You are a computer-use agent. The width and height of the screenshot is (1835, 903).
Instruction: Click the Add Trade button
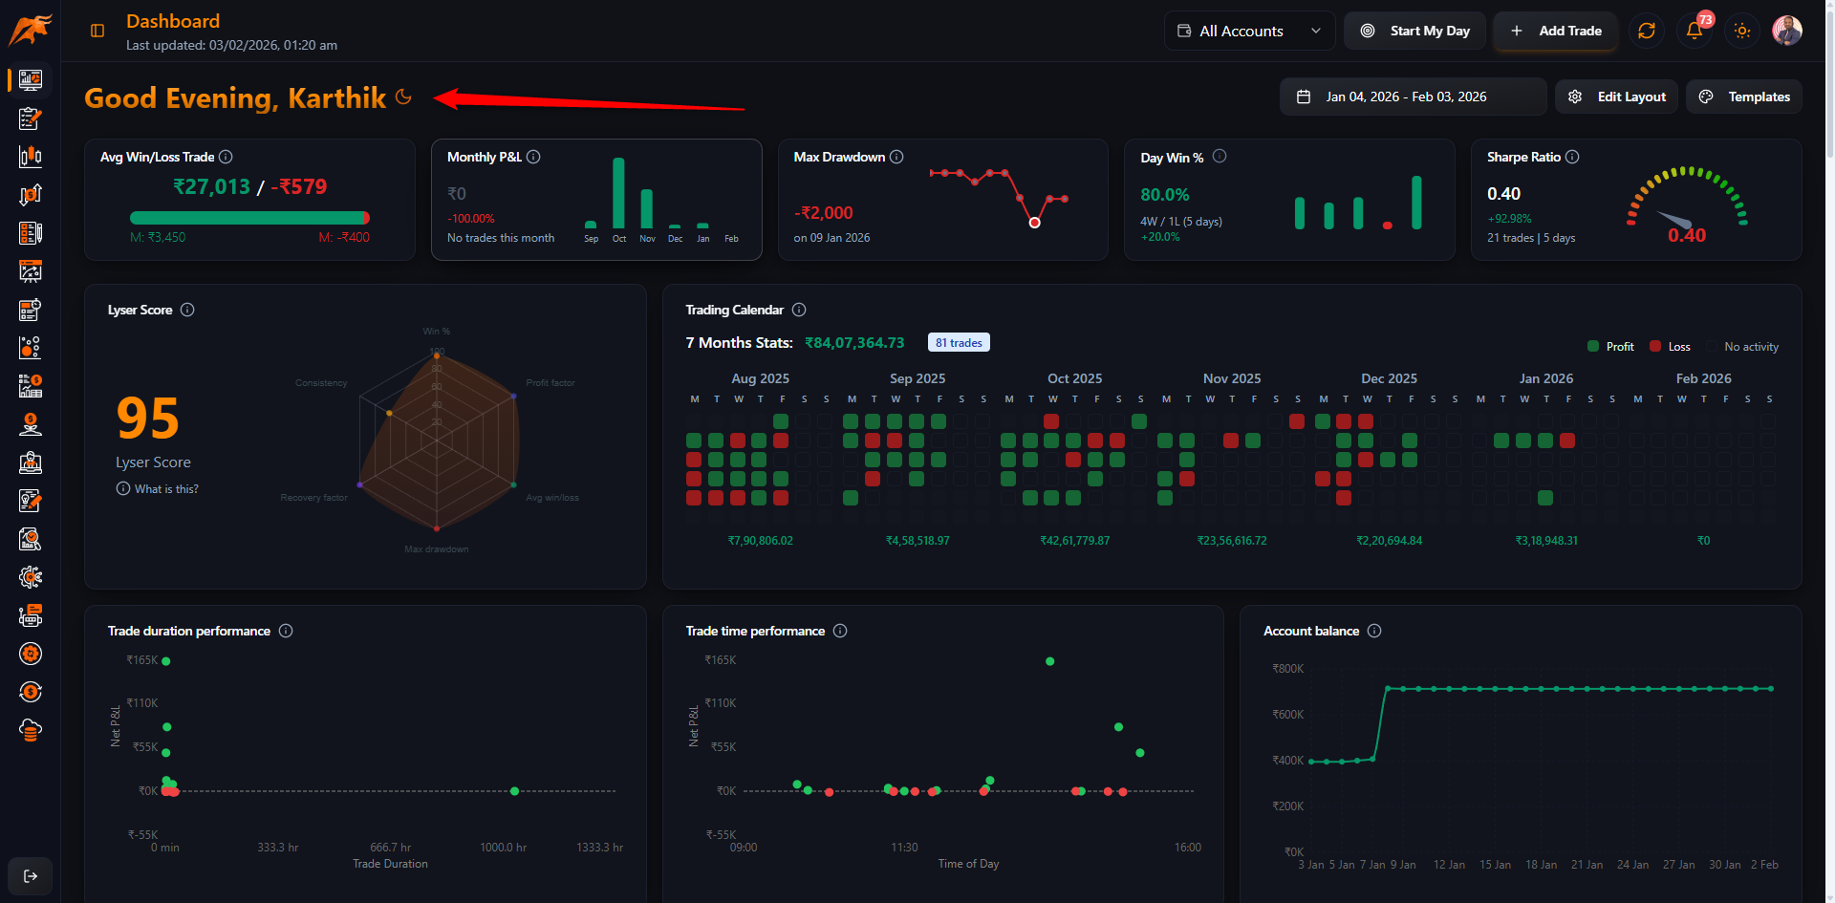pyautogui.click(x=1556, y=31)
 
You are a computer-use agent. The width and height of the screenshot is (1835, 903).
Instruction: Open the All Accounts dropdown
pyautogui.click(x=1249, y=31)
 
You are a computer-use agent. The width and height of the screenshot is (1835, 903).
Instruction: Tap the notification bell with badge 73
pyautogui.click(x=1695, y=31)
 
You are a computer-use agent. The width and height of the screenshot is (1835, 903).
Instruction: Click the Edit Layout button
pyautogui.click(x=1617, y=97)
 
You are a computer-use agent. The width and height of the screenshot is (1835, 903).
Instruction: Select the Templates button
pyautogui.click(x=1745, y=97)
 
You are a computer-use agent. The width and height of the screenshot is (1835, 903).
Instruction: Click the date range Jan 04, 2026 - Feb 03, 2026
pyautogui.click(x=1405, y=97)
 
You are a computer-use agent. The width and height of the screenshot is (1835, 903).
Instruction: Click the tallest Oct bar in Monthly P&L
pyautogui.click(x=618, y=193)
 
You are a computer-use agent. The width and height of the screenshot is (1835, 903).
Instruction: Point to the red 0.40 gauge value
pyautogui.click(x=1686, y=235)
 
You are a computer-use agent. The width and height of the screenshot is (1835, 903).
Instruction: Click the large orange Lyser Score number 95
pyautogui.click(x=147, y=419)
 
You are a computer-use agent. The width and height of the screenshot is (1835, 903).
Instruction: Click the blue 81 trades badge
pyautogui.click(x=959, y=342)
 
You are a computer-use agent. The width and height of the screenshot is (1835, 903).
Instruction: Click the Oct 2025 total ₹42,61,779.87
pyautogui.click(x=1074, y=541)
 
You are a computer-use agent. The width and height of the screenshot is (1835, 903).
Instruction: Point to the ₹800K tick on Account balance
pyautogui.click(x=1287, y=669)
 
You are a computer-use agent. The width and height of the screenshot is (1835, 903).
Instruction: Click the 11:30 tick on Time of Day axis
pyautogui.click(x=904, y=848)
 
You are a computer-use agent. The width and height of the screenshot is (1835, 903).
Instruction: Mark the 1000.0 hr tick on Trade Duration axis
pyautogui.click(x=503, y=848)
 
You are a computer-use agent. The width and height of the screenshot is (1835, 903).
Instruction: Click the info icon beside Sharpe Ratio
pyautogui.click(x=1572, y=157)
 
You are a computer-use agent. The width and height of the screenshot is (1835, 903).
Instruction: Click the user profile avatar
pyautogui.click(x=1786, y=31)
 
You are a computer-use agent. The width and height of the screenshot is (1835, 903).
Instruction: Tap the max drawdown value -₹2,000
pyautogui.click(x=823, y=213)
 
